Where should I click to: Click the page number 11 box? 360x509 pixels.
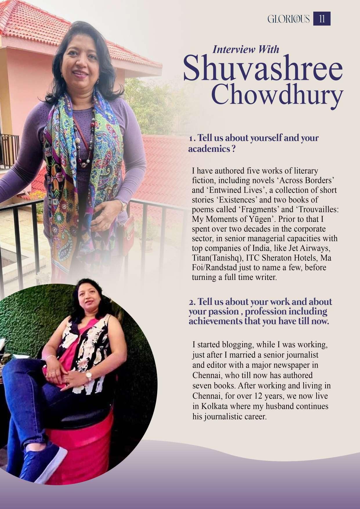[x=322, y=19]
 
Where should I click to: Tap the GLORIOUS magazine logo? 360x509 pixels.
[x=289, y=19]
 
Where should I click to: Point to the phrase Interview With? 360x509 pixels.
[x=246, y=49]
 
